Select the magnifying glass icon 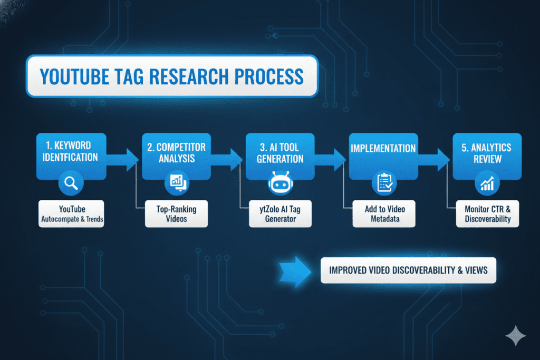pyautogui.click(x=71, y=183)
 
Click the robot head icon pyautogui.click(x=281, y=183)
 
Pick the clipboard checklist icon pyautogui.click(x=384, y=183)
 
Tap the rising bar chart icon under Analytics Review pyautogui.click(x=487, y=183)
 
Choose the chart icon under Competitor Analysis pyautogui.click(x=177, y=183)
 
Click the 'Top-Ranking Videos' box pyautogui.click(x=176, y=213)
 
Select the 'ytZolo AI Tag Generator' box pyautogui.click(x=281, y=213)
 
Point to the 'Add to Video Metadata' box pyautogui.click(x=384, y=213)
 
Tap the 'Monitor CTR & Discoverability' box pyautogui.click(x=488, y=213)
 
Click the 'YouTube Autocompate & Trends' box pyautogui.click(x=71, y=213)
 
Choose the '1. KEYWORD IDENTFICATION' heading pyautogui.click(x=70, y=151)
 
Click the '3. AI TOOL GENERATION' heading pyautogui.click(x=280, y=153)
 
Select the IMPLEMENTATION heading pyautogui.click(x=383, y=148)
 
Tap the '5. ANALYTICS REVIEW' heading pyautogui.click(x=487, y=153)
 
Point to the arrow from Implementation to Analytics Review pyautogui.click(x=434, y=160)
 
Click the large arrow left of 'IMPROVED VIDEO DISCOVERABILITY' pyautogui.click(x=295, y=271)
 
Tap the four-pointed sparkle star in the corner pyautogui.click(x=516, y=336)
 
